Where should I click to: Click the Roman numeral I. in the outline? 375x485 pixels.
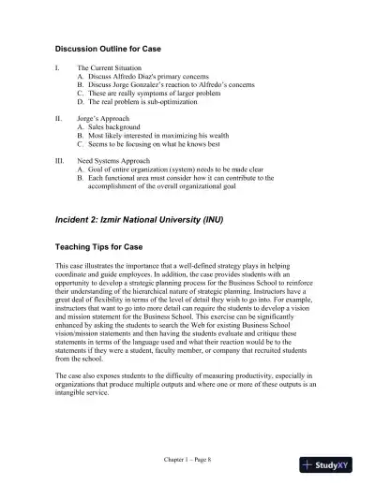point(59,68)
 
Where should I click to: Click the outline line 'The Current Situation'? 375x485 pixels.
point(111,68)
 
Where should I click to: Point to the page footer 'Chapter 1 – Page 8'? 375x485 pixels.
point(187,463)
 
